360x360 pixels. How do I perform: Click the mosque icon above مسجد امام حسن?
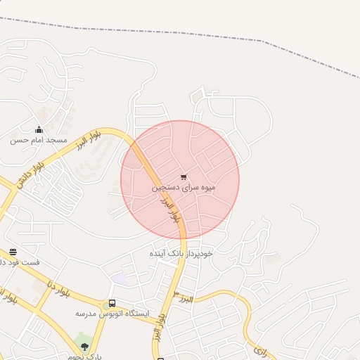pos(39,129)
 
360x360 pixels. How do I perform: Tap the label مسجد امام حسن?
pos(38,140)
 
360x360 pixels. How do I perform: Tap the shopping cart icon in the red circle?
pos(184,177)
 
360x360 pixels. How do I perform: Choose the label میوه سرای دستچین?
pos(184,188)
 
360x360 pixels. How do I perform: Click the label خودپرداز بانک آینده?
pos(181,252)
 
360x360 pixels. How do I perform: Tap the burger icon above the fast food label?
pos(13,252)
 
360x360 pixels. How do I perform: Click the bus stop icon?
pos(111,304)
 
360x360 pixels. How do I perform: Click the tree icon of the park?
pos(84,346)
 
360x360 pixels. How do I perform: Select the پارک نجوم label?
pos(89,356)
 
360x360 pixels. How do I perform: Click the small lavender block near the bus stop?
pos(120,279)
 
